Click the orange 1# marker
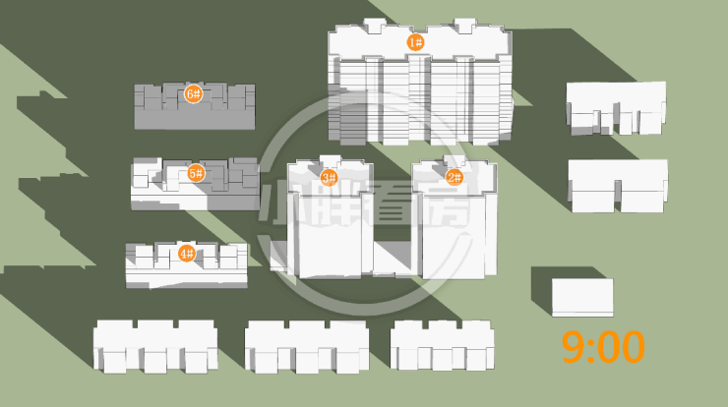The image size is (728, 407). [415, 42]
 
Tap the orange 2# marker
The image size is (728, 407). [455, 178]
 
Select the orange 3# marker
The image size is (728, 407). [330, 178]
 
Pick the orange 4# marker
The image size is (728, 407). [186, 254]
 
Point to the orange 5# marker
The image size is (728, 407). [196, 174]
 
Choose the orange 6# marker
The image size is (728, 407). [193, 94]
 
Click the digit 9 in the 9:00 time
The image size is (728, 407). [575, 347]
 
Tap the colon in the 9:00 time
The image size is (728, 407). [593, 348]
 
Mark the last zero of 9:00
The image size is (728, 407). [632, 347]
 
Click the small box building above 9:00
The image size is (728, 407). [582, 297]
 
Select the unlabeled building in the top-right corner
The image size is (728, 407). [616, 107]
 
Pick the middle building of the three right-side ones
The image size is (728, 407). [618, 184]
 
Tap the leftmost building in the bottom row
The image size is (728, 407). [154, 345]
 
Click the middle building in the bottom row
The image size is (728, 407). [306, 345]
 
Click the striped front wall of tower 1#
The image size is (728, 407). [423, 98]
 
